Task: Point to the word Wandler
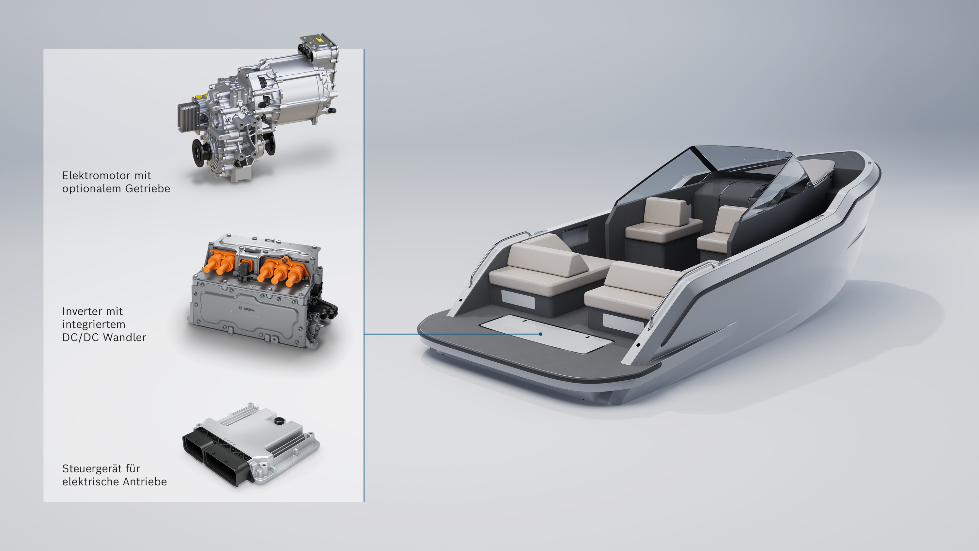click(x=125, y=337)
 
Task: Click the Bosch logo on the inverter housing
click(x=246, y=309)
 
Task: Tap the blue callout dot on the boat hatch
click(x=540, y=334)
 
